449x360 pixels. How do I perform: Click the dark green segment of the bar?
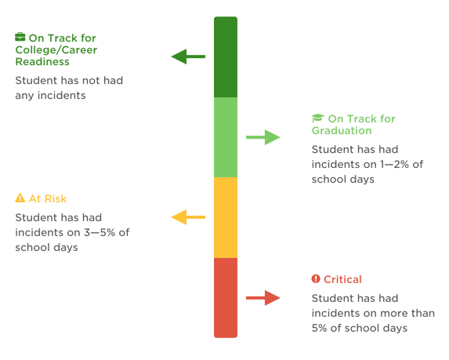tap(226, 56)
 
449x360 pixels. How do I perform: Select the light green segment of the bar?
tap(226, 136)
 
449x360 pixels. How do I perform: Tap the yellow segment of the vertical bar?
tap(226, 217)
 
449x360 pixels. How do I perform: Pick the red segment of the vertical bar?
tap(226, 297)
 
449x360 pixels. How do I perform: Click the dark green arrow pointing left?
tap(188, 56)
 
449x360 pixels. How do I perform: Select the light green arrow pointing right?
tap(263, 138)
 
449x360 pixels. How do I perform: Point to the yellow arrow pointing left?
tap(188, 217)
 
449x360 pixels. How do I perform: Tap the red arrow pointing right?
tap(263, 297)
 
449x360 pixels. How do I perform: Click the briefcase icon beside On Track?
tap(20, 37)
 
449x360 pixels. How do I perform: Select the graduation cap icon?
tap(317, 118)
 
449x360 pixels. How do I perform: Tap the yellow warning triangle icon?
tap(20, 198)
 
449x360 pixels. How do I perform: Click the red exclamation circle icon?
tap(316, 279)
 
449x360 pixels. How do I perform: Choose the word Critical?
tap(342, 279)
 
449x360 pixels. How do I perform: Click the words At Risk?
tap(47, 198)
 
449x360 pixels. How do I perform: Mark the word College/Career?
tap(56, 49)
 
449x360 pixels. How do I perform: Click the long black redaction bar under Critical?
tap(369, 345)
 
